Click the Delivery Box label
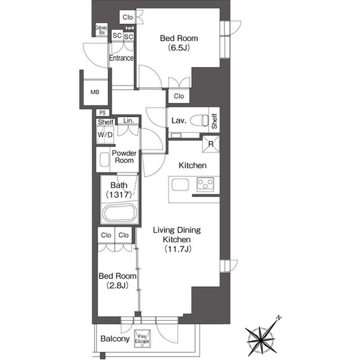tap(102, 30)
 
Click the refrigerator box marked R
tap(210, 144)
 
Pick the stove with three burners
tap(205, 184)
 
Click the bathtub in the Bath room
tap(118, 214)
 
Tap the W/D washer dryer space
tap(105, 135)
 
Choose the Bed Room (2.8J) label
tap(117, 280)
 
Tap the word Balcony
tap(115, 339)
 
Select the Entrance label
tap(121, 58)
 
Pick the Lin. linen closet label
tap(129, 121)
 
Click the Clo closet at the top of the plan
tap(127, 17)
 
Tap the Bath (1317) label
tap(118, 190)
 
